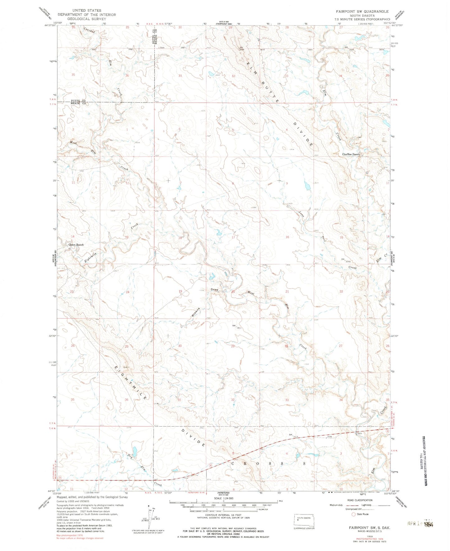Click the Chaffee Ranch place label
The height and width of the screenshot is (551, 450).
(351, 154)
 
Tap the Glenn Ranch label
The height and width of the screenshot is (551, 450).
(76, 245)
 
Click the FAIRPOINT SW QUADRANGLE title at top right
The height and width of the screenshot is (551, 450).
(362, 11)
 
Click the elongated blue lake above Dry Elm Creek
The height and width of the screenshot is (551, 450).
(135, 450)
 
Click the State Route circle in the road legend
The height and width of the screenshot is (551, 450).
(353, 514)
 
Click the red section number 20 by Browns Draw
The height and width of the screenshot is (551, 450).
(233, 292)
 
